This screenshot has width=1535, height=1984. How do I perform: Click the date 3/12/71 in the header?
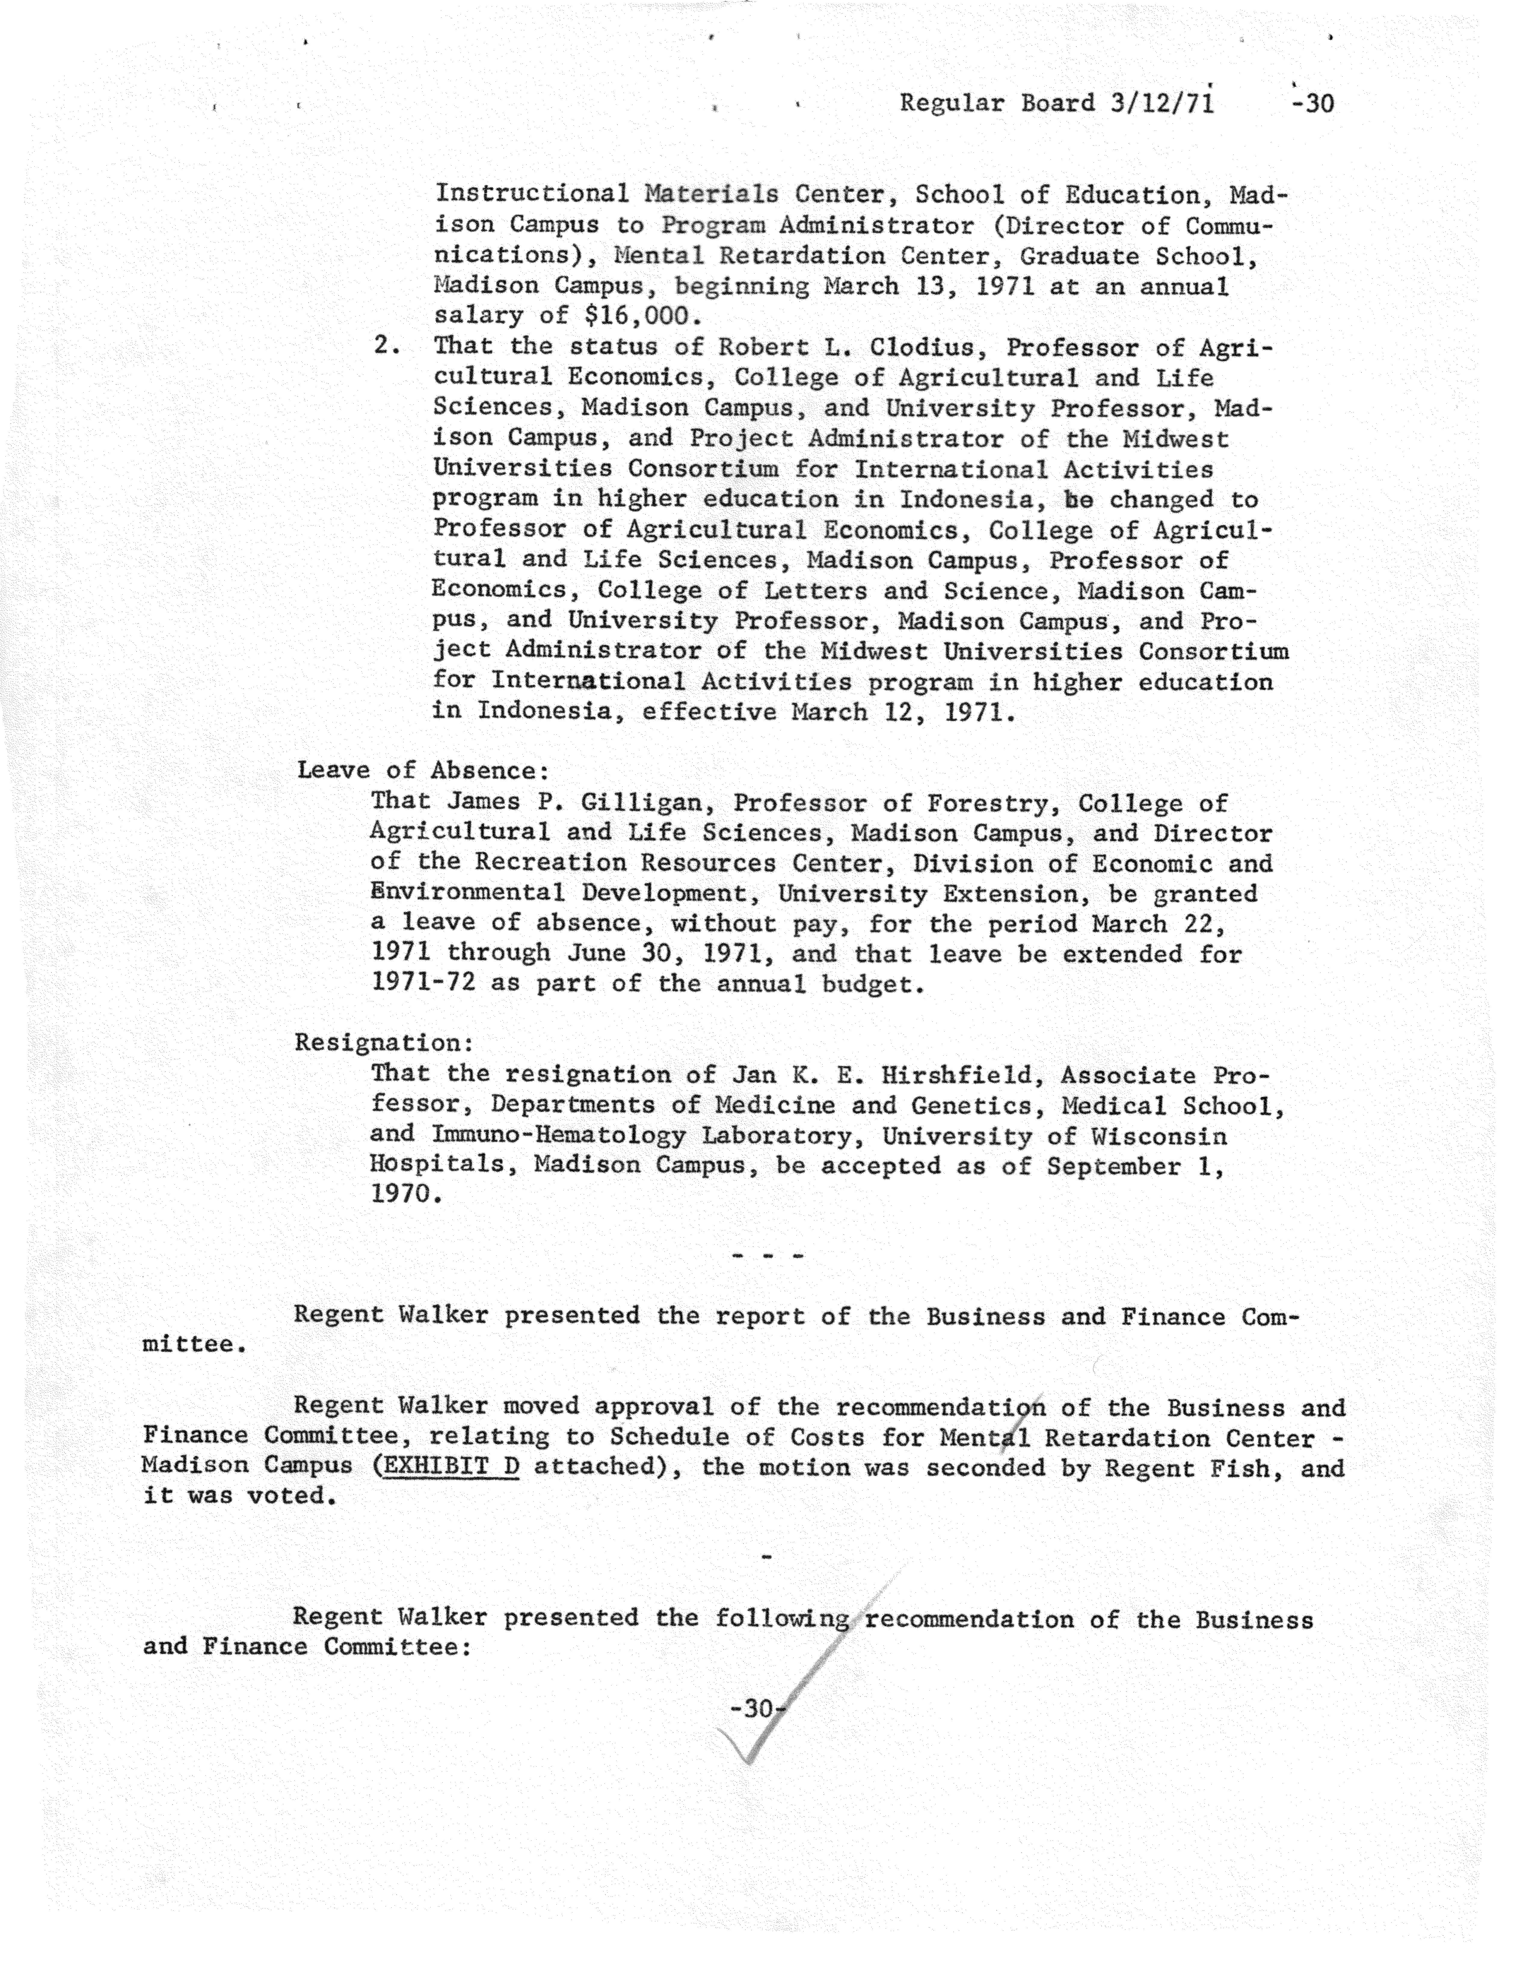1161,103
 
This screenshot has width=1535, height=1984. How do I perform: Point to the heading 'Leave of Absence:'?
423,770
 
